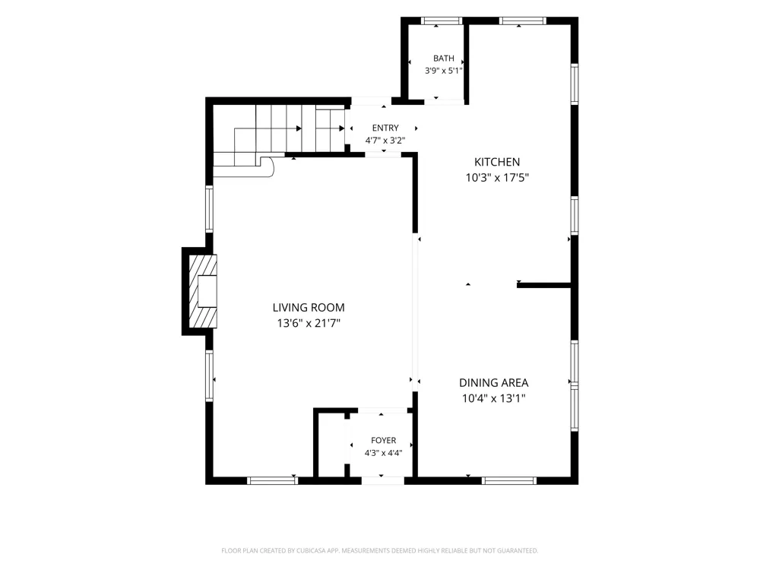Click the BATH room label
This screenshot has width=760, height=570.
pos(444,59)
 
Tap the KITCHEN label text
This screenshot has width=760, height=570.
pos(497,162)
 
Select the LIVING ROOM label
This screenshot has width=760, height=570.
pos(309,307)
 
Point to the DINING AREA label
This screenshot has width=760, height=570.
pos(493,383)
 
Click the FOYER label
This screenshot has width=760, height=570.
pos(383,440)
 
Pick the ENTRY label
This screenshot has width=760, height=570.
pos(385,128)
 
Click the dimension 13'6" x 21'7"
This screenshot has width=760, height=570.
pos(309,323)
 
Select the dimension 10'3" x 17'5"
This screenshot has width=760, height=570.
pos(497,177)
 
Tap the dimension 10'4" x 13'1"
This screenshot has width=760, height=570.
pos(493,398)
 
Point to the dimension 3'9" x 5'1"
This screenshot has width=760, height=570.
pos(444,71)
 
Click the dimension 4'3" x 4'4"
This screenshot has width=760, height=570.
pos(383,453)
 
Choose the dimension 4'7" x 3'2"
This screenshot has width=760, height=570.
pos(385,141)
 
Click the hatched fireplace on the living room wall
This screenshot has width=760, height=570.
pos(202,291)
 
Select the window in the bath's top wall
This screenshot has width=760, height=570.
pos(442,21)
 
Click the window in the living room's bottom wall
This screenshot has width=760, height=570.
pos(272,481)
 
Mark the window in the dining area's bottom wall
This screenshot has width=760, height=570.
pos(509,481)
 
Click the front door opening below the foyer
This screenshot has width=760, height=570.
pos(383,481)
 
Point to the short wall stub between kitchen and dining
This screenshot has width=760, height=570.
pos(544,286)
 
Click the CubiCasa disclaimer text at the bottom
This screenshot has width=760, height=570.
pos(379,550)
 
